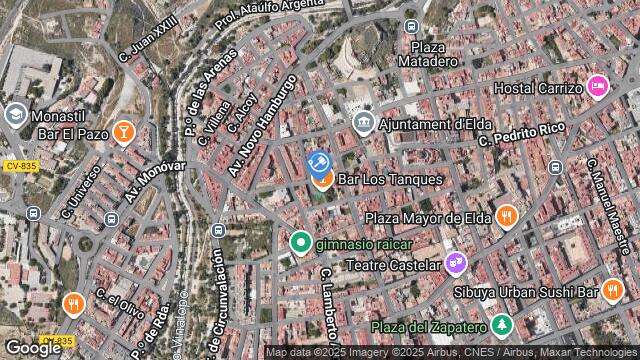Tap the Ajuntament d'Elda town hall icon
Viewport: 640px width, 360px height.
tap(364, 123)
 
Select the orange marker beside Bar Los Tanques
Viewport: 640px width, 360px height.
tap(322, 180)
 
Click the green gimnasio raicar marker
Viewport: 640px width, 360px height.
tap(300, 242)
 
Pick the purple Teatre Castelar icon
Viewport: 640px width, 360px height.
tap(456, 264)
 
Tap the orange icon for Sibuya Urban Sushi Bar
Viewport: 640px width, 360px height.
tap(613, 291)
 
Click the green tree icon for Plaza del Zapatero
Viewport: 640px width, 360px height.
tap(501, 326)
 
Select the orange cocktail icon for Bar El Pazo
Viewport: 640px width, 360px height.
tap(122, 131)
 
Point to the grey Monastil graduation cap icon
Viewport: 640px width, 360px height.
tap(15, 114)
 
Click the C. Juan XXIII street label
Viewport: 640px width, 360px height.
tap(146, 37)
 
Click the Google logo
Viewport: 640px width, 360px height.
tap(32, 348)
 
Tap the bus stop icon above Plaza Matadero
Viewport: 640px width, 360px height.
tap(411, 26)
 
